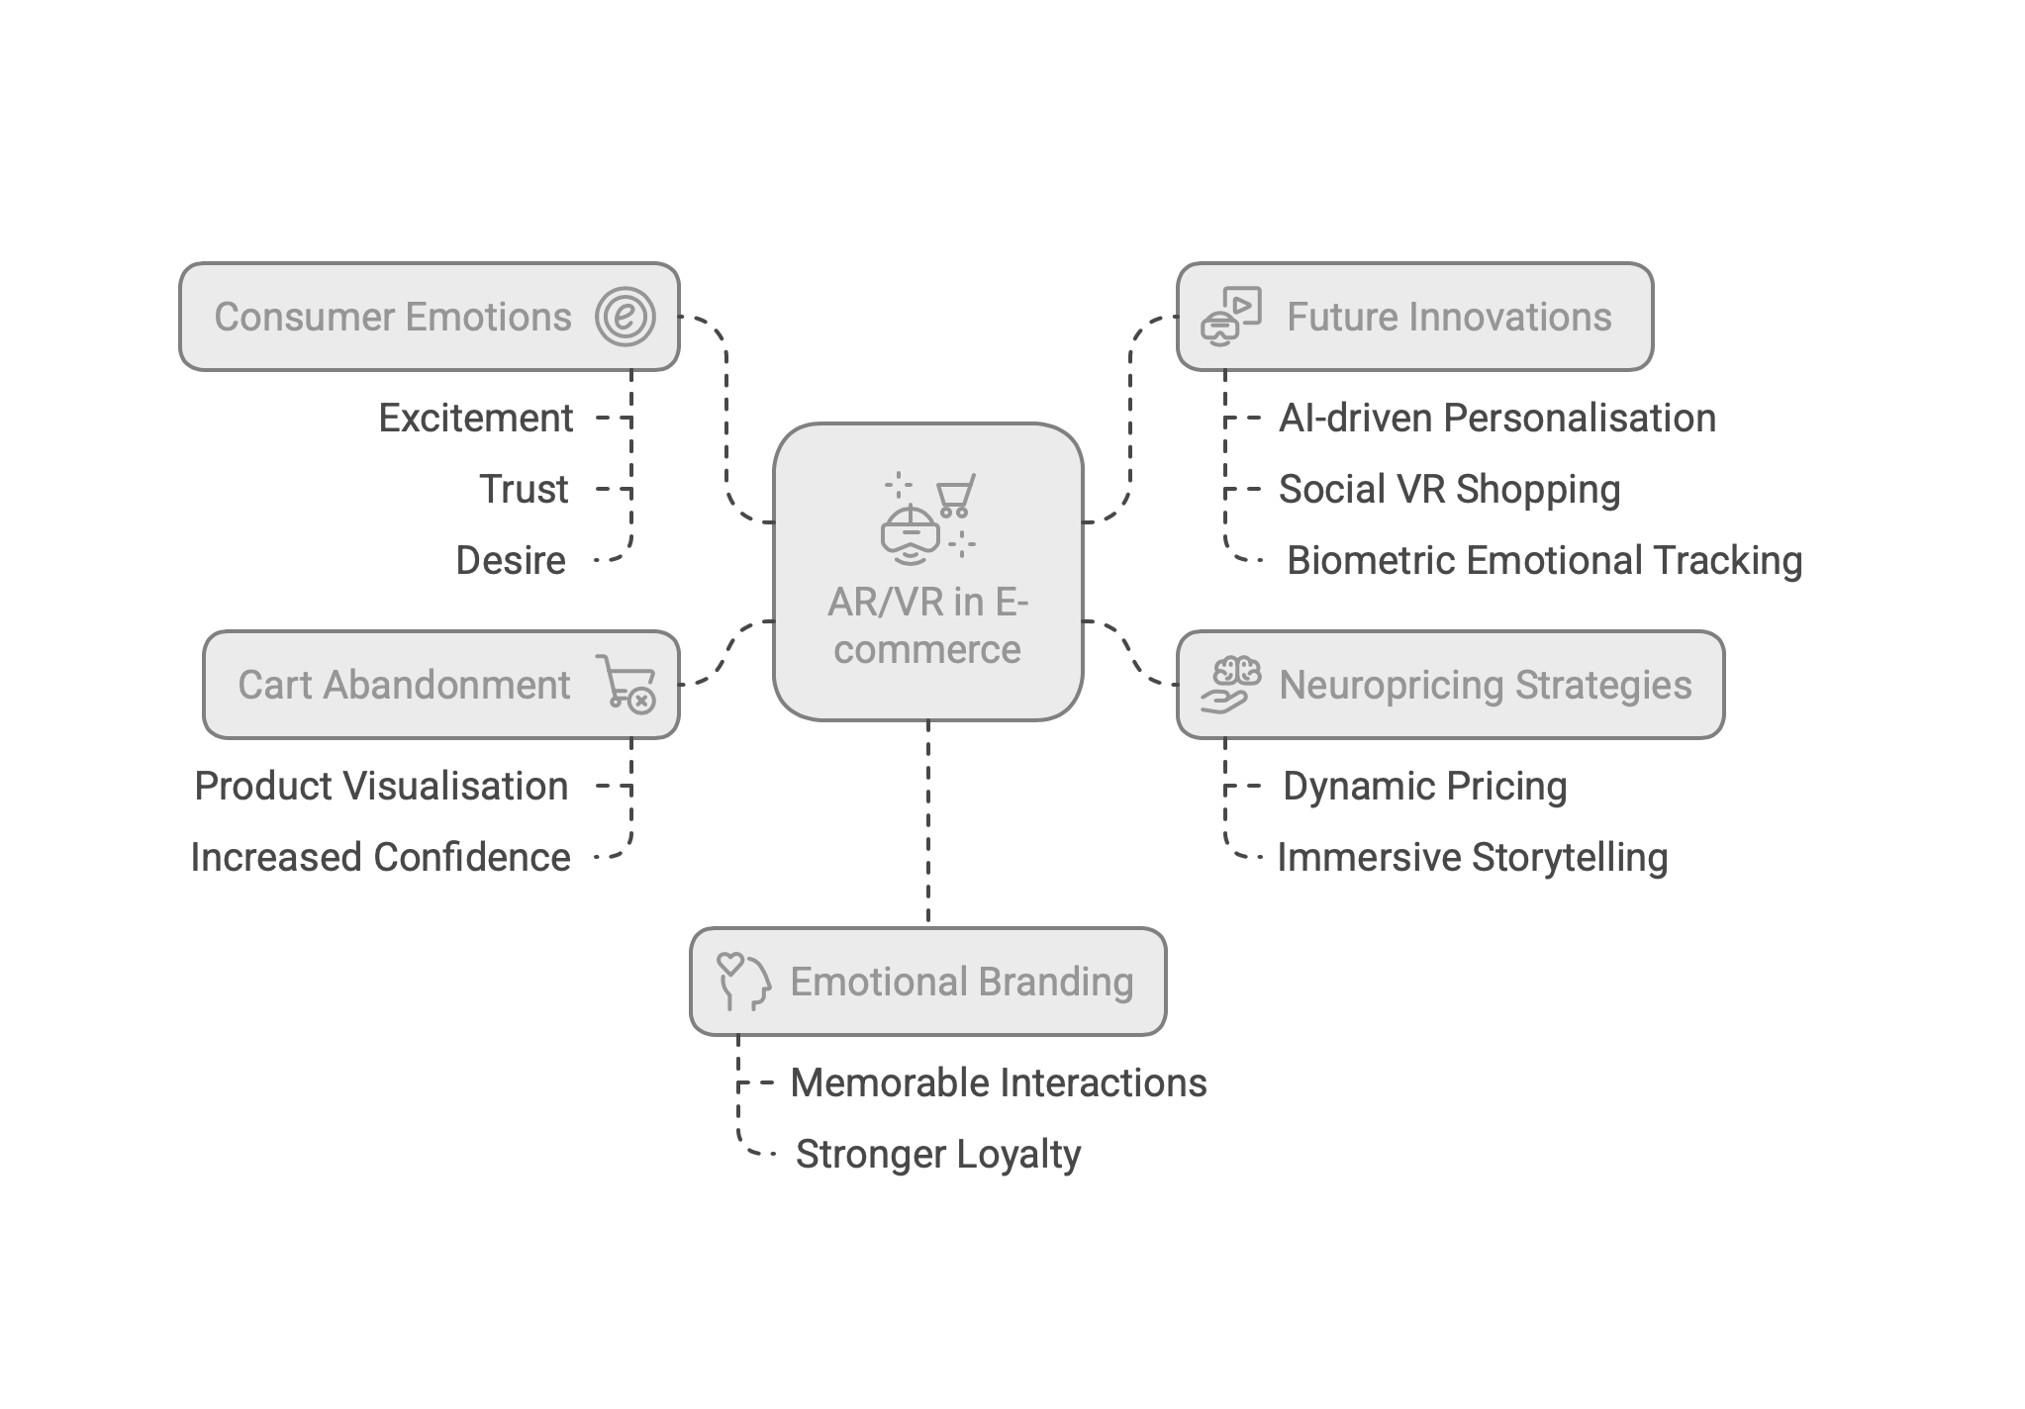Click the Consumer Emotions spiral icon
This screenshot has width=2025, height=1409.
click(x=626, y=317)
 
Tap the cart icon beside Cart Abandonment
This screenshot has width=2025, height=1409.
click(x=626, y=684)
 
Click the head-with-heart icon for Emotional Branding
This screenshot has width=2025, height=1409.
click(x=743, y=981)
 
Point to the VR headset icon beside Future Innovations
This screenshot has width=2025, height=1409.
click(x=1231, y=316)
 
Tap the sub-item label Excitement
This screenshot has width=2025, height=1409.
click(x=475, y=419)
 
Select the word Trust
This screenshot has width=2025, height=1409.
click(x=524, y=490)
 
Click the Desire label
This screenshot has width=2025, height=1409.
click(x=511, y=561)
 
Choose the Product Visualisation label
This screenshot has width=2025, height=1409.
click(x=382, y=787)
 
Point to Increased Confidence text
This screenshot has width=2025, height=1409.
click(x=380, y=858)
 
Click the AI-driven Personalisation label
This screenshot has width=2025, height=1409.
click(x=1496, y=419)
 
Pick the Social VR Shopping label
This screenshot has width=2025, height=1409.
click(x=1449, y=490)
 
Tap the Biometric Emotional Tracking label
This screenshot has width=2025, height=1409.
click(x=1544, y=561)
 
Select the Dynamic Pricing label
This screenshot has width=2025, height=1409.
click(x=1424, y=787)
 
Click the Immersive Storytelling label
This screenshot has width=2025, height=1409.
click(x=1472, y=858)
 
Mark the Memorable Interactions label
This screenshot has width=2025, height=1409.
click(x=999, y=1083)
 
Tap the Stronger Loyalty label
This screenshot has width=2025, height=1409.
click(x=938, y=1155)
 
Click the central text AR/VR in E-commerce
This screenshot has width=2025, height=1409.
click(x=927, y=626)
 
